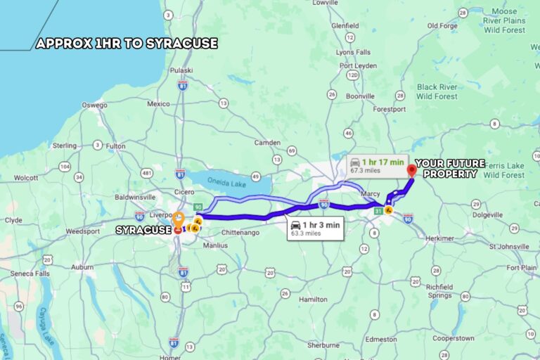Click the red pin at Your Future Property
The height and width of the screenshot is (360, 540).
click(412, 171)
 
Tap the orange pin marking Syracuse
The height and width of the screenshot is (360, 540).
click(179, 219)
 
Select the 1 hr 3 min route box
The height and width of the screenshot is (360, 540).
click(315, 229)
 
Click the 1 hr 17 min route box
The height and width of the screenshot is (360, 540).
click(378, 165)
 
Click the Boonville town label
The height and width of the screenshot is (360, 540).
click(360, 96)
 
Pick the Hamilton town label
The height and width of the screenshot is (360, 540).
click(313, 299)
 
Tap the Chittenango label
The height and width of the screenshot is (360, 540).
click(240, 232)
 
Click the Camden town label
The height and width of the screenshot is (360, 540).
click(267, 142)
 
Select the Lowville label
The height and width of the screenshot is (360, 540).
click(326, 3)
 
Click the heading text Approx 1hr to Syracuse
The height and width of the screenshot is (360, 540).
click(127, 44)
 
